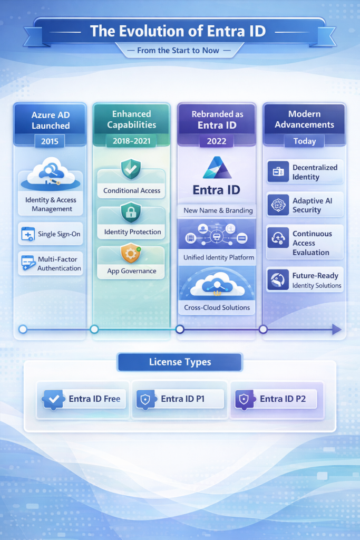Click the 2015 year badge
click(x=50, y=141)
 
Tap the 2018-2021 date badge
click(x=132, y=141)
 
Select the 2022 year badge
click(x=217, y=141)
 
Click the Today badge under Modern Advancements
click(x=304, y=141)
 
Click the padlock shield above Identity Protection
click(x=131, y=213)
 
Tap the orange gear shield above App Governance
click(x=131, y=253)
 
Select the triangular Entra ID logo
click(x=217, y=168)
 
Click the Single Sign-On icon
click(x=27, y=234)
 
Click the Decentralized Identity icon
click(x=278, y=172)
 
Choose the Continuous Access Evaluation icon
click(x=278, y=238)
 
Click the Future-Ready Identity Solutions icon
click(x=278, y=280)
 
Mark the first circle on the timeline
click(x=23, y=329)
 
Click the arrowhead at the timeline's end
click(x=336, y=330)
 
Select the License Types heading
click(x=180, y=362)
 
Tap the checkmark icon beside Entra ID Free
click(x=54, y=399)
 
